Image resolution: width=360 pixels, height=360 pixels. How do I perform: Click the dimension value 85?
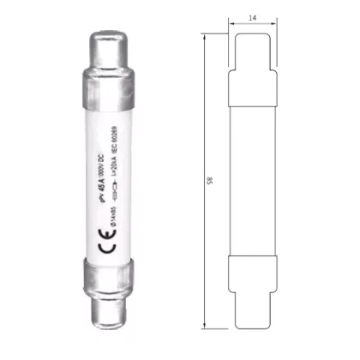210,182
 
